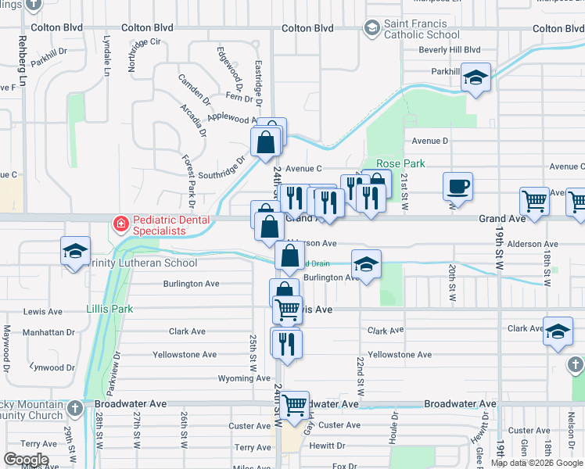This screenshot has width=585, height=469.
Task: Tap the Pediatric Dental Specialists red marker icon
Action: [120, 225]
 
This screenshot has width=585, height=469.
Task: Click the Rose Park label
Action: [400, 163]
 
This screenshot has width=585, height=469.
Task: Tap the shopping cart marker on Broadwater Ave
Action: [295, 405]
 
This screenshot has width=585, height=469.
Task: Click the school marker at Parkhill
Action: [476, 77]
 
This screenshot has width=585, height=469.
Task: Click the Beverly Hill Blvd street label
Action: [449, 50]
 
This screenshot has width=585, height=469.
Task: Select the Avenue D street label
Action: [430, 141]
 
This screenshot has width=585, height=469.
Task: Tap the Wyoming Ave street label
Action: [221, 379]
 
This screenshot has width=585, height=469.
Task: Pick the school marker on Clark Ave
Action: [558, 331]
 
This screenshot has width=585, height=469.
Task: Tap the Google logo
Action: [26, 460]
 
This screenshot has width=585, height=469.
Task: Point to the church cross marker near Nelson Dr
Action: [574, 365]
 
